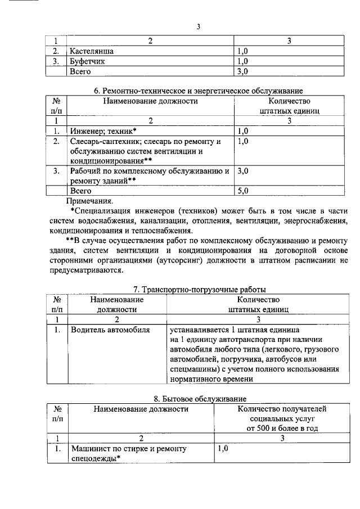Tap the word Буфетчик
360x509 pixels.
(87, 61)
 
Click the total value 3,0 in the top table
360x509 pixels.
(242, 71)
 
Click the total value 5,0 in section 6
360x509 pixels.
(243, 191)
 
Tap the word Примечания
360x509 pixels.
(89, 200)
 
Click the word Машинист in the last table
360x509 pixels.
(88, 449)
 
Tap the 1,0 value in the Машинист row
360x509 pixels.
(223, 449)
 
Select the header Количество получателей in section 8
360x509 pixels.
(282, 409)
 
